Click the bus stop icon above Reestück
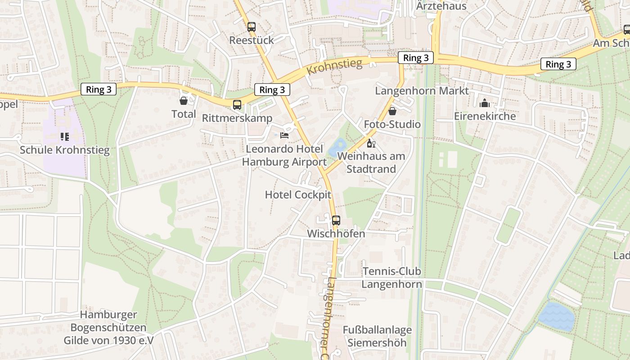[x=252, y=27]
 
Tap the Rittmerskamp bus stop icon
[x=237, y=105]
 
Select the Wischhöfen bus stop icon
[x=336, y=220]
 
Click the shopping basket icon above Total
[x=184, y=100]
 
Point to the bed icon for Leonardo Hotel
[x=284, y=135]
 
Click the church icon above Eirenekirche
[x=485, y=103]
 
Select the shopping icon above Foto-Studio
[x=392, y=111]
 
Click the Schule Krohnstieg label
[x=64, y=150]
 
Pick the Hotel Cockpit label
[x=298, y=195]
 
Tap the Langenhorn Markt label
[x=422, y=91]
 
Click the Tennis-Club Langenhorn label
[x=392, y=278]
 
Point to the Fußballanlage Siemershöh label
[x=377, y=336]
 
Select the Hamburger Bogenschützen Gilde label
[x=108, y=328]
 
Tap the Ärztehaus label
[x=441, y=6]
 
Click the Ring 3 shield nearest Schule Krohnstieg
[x=99, y=89]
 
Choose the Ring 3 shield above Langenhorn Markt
[x=416, y=58]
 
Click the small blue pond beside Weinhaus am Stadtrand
[x=337, y=148]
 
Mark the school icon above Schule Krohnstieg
[x=64, y=136]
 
